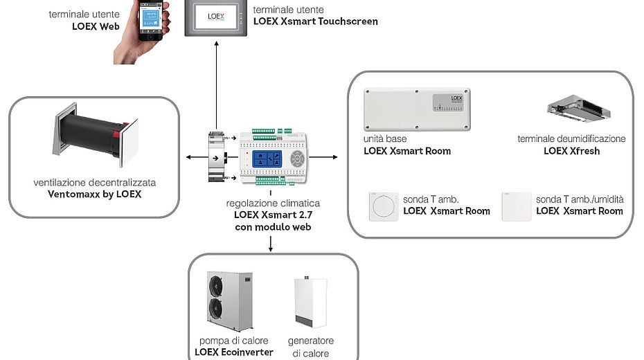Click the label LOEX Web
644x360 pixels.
(x=96, y=26)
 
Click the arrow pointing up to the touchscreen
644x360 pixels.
(x=215, y=83)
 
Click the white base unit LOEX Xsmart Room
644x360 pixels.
(x=417, y=109)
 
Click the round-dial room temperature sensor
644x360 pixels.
(x=382, y=206)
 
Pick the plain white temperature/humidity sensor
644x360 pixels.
(x=516, y=206)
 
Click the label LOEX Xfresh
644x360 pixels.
(x=571, y=150)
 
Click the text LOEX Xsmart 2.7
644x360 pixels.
(x=269, y=215)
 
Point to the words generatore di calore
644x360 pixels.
(x=310, y=347)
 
